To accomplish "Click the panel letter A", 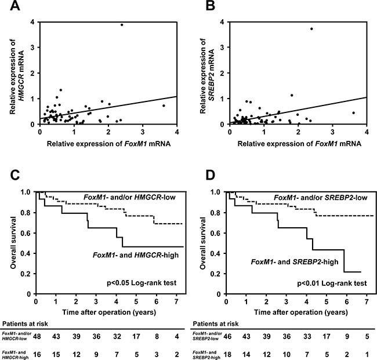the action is tap(14, 5).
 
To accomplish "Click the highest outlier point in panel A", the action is tap(122, 25).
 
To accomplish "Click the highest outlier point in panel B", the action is tap(311, 29).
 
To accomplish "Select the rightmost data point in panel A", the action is tap(164, 106).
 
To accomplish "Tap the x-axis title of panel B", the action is tap(299, 143).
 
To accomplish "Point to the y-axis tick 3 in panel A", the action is tap(32, 48).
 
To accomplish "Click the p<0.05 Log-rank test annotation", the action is tap(142, 283).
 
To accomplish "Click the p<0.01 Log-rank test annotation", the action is tap(332, 283).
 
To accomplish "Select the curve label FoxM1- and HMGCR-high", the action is tap(136, 254).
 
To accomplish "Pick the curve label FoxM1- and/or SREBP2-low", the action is tap(321, 198).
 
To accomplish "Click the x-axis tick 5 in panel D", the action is tap(327, 301).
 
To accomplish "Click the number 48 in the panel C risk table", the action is tap(37, 336).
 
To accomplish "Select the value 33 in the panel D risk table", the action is tap(307, 336).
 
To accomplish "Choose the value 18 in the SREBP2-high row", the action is tap(227, 354).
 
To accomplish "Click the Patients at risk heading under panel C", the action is tap(25, 323).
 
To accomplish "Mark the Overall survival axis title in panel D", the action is tap(204, 243).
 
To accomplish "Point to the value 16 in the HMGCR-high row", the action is tap(37, 354).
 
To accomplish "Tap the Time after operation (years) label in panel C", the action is tap(109, 312).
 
